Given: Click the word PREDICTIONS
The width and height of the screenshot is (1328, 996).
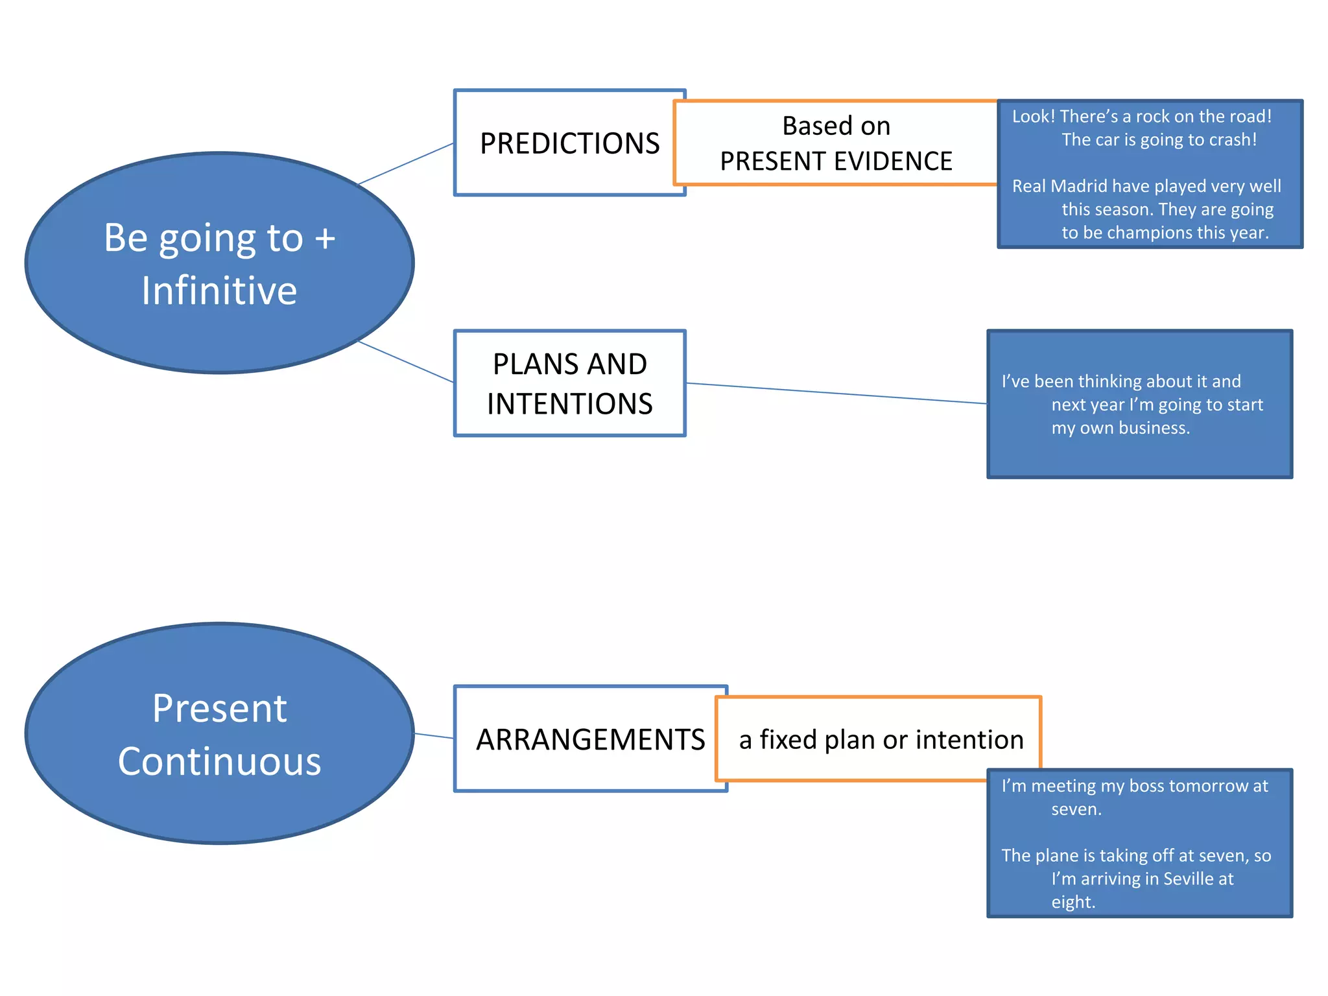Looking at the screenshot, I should point(569,143).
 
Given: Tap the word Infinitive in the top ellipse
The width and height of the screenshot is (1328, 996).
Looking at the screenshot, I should point(219,290).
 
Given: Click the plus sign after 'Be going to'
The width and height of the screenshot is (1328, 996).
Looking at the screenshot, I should point(325,238).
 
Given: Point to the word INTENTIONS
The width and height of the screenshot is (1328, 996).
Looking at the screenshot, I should point(569,404).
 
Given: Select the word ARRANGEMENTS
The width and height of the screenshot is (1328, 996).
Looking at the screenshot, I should point(590,740).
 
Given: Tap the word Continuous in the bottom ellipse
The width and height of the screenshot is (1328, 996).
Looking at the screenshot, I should point(219,761).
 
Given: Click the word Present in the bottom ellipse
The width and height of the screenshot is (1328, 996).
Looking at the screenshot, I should point(219,708).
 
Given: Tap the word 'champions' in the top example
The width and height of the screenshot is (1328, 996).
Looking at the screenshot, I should point(1148,233).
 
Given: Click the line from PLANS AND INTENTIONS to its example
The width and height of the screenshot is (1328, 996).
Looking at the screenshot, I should point(836,394).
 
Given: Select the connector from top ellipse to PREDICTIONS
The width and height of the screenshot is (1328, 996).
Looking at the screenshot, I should point(405,164).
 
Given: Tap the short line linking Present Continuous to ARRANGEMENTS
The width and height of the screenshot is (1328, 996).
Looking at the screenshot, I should point(434,736).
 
